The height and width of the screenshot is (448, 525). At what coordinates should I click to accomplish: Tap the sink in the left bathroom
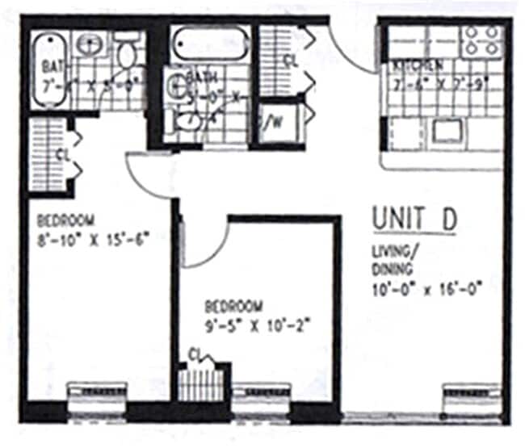(x=89, y=44)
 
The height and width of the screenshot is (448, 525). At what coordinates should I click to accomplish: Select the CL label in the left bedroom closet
(x=61, y=153)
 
